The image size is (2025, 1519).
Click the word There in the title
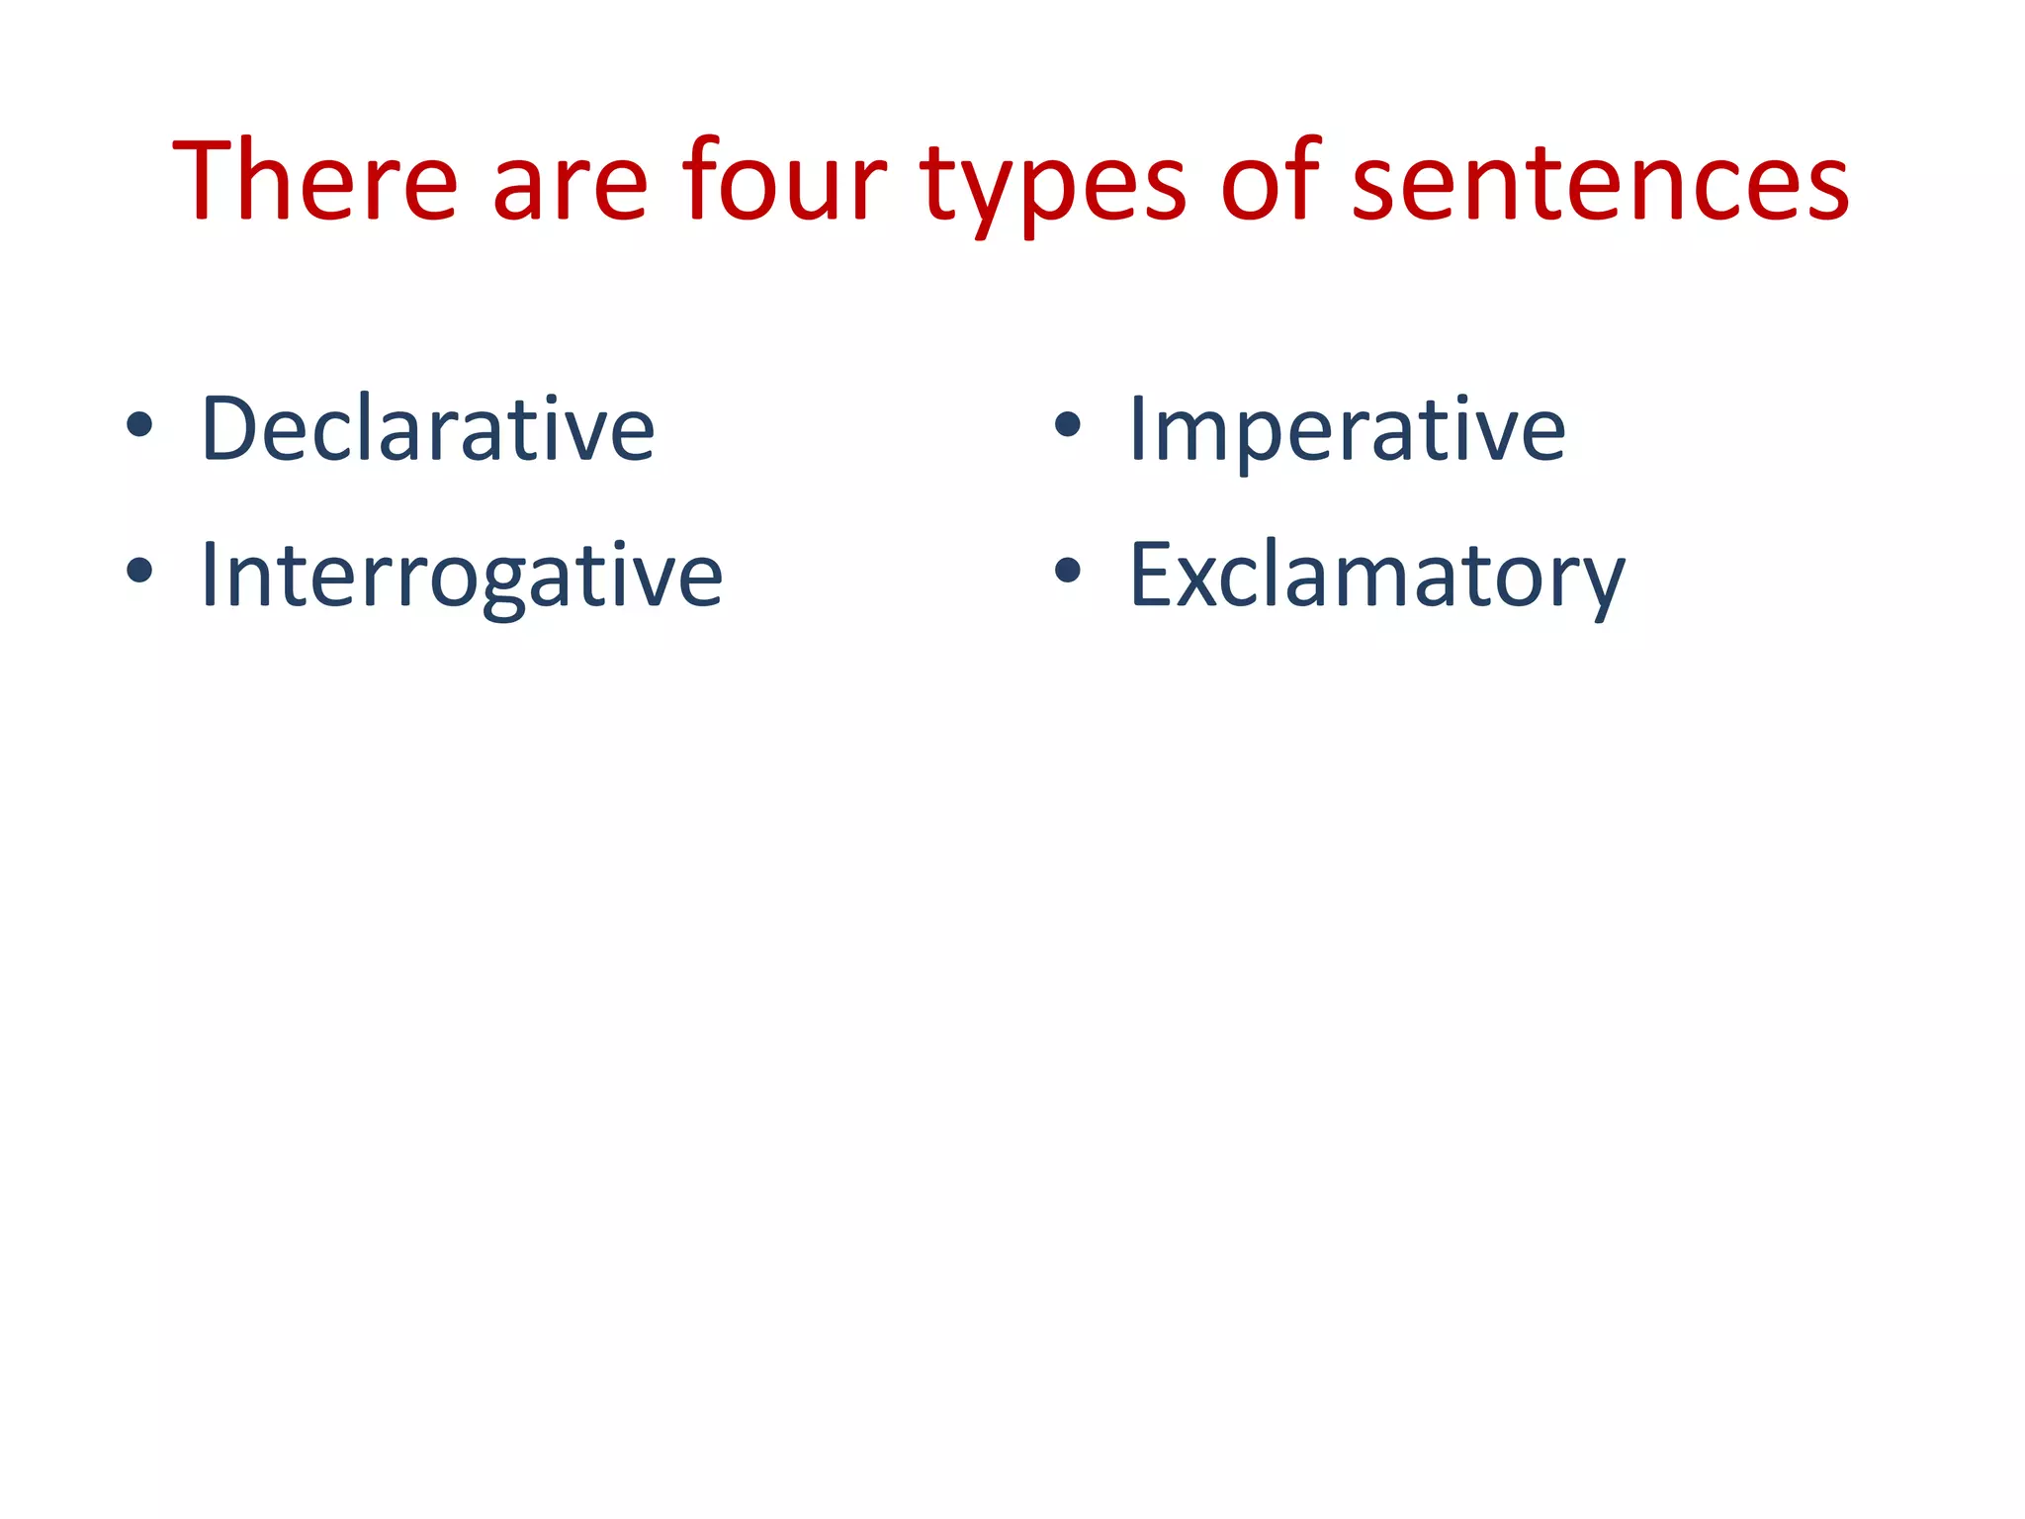point(315,181)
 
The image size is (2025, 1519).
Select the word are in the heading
point(570,188)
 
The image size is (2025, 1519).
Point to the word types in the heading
point(1053,188)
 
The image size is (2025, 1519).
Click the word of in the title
point(1272,181)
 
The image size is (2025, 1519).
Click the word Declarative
point(427,428)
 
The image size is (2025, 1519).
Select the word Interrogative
point(461,575)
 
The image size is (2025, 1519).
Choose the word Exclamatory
point(1376,575)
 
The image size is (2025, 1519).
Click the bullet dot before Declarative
point(139,425)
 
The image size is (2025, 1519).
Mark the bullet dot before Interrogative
point(139,570)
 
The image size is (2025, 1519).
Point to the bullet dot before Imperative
point(1067,425)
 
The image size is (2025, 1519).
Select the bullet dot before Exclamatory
point(1067,570)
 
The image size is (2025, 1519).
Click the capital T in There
point(212,181)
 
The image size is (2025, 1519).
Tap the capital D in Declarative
point(228,428)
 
